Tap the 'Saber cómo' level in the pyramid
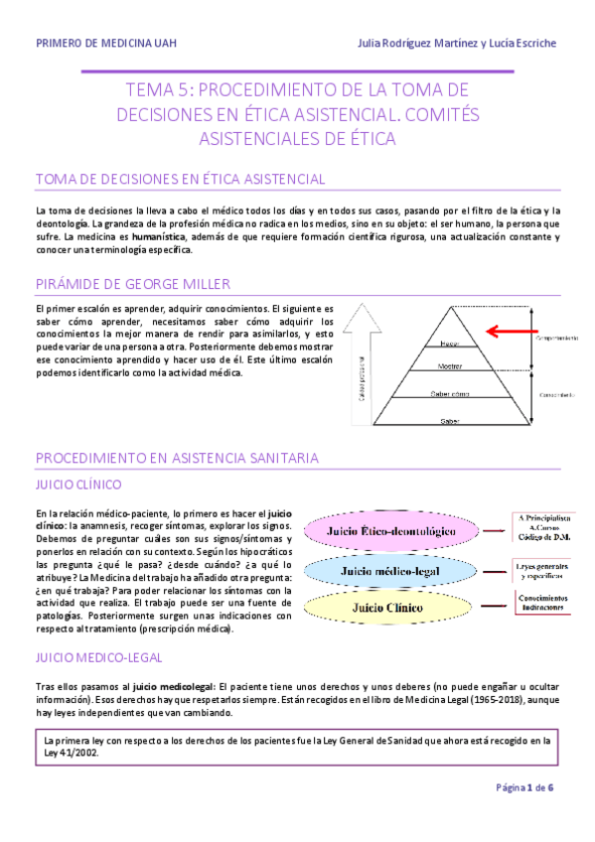click(449, 393)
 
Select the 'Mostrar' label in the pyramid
click(449, 365)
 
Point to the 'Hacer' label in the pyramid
click(449, 344)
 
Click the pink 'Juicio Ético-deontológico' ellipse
click(392, 531)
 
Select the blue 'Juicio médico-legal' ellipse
click(392, 571)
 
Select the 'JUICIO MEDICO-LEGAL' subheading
click(99, 657)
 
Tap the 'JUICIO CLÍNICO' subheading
click(78, 486)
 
